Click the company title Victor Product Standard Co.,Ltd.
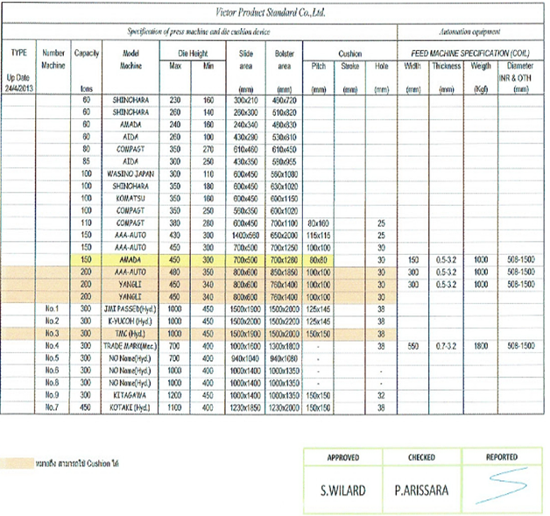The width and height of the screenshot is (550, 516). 275,14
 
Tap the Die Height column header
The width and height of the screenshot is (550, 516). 185,53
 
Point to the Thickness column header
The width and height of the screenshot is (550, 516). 446,66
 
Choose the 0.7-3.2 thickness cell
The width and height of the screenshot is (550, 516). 446,346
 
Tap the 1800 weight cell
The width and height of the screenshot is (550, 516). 479,346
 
